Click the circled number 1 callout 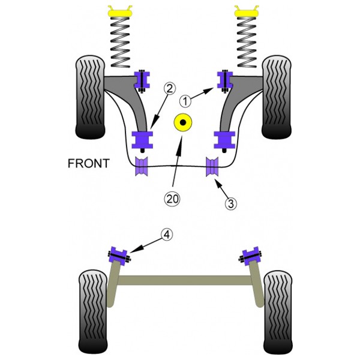coord(185,101)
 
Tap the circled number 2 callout coord(169,89)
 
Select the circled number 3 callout coord(231,203)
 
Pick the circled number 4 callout coord(167,235)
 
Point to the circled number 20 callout coord(172,199)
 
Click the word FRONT coord(89,163)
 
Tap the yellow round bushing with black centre coord(183,122)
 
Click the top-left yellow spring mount coord(120,11)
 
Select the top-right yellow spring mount coord(247,11)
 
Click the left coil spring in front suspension coord(120,43)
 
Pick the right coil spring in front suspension coord(247,43)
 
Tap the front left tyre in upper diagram coord(90,97)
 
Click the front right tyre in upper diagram coord(277,97)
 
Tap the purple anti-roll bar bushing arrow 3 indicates coord(212,167)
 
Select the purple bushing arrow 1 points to coord(225,80)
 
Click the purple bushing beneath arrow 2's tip coord(142,140)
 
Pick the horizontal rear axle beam coord(185,280)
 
